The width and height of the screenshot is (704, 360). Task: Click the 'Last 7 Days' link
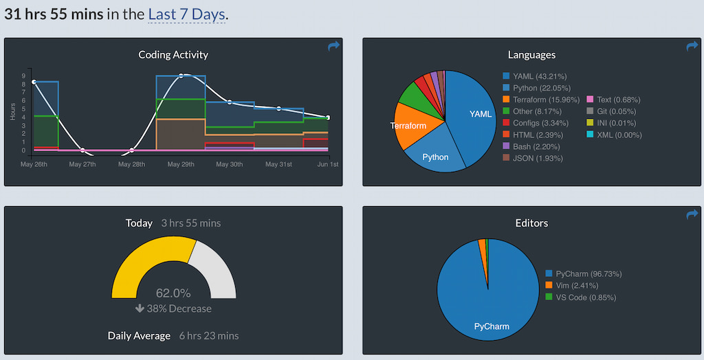pyautogui.click(x=186, y=14)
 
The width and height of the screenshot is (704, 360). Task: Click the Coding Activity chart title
pyautogui.click(x=173, y=55)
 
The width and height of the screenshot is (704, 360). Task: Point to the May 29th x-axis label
pyautogui.click(x=181, y=164)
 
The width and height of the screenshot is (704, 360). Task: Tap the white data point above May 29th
pyautogui.click(x=181, y=76)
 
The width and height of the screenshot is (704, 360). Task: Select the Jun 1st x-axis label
pyautogui.click(x=328, y=164)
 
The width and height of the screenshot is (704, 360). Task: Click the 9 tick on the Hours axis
pyautogui.click(x=23, y=76)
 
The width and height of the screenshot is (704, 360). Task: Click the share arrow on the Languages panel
pyautogui.click(x=692, y=46)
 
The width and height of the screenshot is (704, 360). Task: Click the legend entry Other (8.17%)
pyautogui.click(x=532, y=111)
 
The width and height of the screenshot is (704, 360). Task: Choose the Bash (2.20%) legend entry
pyautogui.click(x=531, y=146)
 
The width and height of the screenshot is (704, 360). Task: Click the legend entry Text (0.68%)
pyautogui.click(x=613, y=100)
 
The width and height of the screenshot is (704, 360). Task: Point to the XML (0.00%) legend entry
pyautogui.click(x=614, y=135)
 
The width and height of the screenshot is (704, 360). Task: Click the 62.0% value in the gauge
pyautogui.click(x=173, y=293)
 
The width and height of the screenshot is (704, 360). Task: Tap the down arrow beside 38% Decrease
pyautogui.click(x=140, y=308)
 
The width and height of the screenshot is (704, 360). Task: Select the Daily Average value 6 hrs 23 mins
pyautogui.click(x=209, y=336)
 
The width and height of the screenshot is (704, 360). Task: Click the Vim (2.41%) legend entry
pyautogui.click(x=571, y=286)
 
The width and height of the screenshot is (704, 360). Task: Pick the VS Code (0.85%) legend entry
pyautogui.click(x=580, y=297)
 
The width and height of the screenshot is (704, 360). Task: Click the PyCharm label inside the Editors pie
pyautogui.click(x=492, y=326)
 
